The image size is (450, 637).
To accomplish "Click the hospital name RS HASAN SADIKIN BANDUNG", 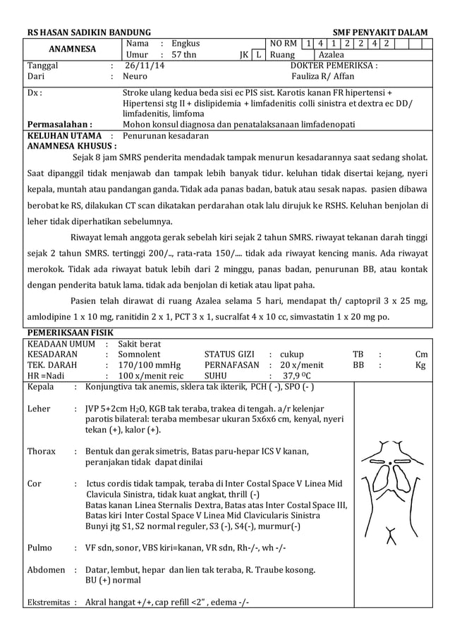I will [x=89, y=33].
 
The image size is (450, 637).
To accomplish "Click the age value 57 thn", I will [x=184, y=55].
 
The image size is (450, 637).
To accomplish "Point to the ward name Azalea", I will [x=332, y=55].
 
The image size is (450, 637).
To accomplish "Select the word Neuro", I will [x=135, y=76].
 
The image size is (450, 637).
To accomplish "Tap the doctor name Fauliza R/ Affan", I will [x=323, y=76].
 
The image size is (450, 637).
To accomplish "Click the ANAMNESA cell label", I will [x=71, y=49].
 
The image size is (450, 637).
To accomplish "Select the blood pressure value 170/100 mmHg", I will [x=150, y=366].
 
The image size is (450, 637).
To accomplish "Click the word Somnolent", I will [x=139, y=354].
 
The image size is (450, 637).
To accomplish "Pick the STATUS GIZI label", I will [x=229, y=354].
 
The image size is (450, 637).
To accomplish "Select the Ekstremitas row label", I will [x=50, y=602].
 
